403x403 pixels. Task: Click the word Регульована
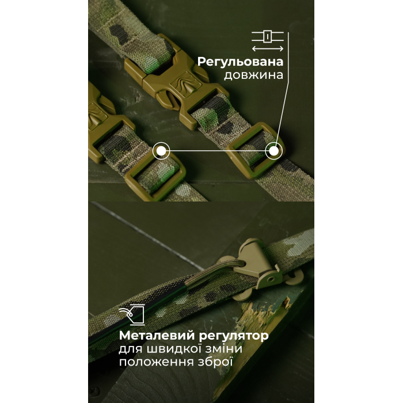(x=240, y=62)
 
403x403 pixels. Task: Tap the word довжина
(x=254, y=75)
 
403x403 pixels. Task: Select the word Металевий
(x=157, y=336)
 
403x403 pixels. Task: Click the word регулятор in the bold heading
(x=234, y=336)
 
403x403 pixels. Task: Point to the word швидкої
(x=174, y=349)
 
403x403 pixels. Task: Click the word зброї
(x=215, y=362)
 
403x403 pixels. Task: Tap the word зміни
(x=223, y=349)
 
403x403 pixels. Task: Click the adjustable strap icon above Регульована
(x=268, y=36)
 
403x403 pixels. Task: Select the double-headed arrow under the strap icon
(x=268, y=48)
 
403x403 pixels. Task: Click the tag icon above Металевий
(x=132, y=314)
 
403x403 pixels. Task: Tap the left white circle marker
(x=161, y=151)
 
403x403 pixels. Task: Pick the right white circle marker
(x=274, y=151)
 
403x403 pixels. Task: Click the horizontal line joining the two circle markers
(x=218, y=151)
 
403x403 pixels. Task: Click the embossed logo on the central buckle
(x=185, y=81)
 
